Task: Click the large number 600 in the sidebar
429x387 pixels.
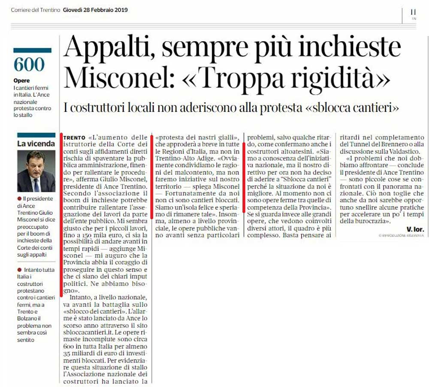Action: point(29,65)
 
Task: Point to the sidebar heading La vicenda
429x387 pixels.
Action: point(36,144)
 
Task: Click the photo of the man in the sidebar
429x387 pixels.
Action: point(36,171)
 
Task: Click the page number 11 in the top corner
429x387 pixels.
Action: point(413,12)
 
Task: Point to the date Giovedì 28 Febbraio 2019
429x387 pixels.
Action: point(95,9)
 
